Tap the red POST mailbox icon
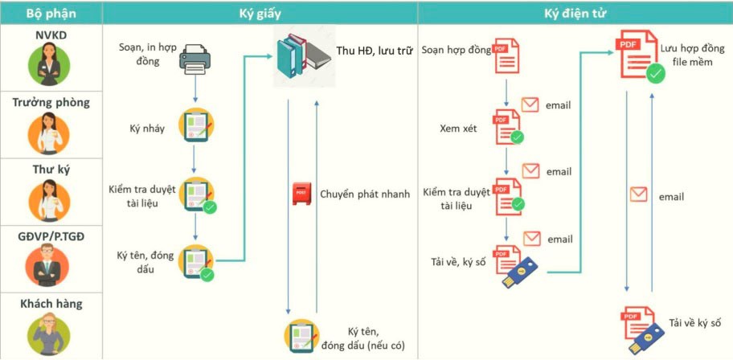301,194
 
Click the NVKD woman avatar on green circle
49,65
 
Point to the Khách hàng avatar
48,333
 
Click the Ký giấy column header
260,14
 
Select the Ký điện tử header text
575,14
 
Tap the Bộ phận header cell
51,14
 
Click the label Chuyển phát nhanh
365,194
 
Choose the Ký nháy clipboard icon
196,125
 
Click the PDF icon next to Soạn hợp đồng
507,56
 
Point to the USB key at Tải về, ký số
520,272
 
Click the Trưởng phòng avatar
48,133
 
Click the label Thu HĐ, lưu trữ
374,51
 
